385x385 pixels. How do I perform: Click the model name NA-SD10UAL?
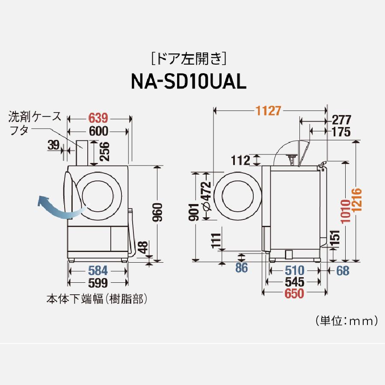[188, 81]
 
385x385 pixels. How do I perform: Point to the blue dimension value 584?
[98, 270]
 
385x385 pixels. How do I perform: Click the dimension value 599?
[98, 282]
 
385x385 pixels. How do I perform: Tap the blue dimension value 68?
[343, 270]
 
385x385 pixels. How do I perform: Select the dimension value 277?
[341, 119]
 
